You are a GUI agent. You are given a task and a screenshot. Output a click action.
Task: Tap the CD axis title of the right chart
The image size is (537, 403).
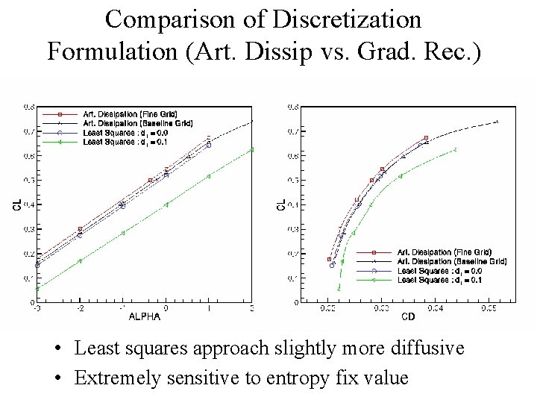tap(409, 316)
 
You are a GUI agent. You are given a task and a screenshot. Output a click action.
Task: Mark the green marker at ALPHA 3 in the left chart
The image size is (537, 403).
tap(252, 149)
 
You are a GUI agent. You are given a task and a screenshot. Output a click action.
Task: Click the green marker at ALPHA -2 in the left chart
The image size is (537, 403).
tap(80, 260)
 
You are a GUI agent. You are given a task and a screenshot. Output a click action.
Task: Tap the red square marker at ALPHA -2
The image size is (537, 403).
tap(80, 229)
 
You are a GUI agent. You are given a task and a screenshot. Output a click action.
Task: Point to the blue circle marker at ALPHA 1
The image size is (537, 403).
tap(209, 145)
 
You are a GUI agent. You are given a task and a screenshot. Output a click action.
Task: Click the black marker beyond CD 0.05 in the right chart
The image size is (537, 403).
tap(496, 122)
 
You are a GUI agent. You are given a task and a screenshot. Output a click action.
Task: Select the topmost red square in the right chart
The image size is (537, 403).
tap(426, 138)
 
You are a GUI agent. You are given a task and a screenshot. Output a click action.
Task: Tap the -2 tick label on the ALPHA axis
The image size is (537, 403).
tap(79, 307)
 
